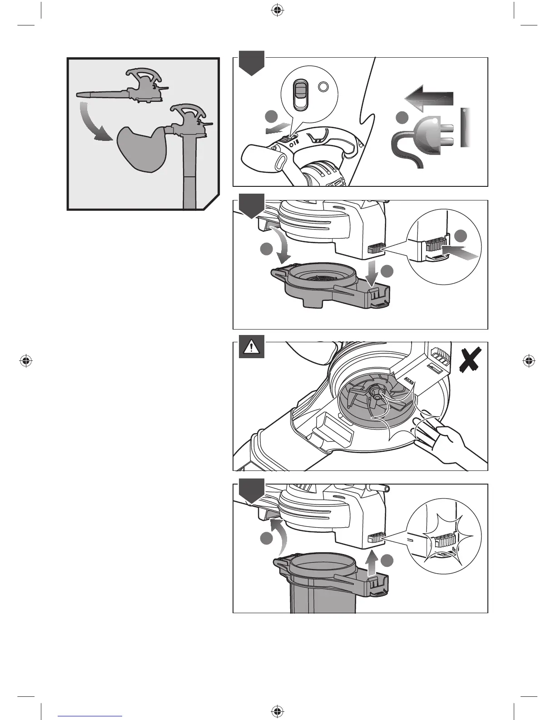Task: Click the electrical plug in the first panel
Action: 424,136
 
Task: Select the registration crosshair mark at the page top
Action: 276,10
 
